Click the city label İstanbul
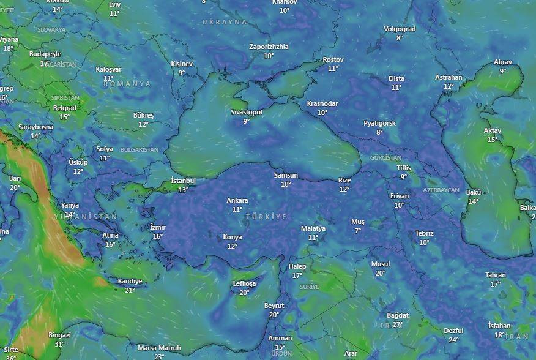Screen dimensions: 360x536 pos(184,181)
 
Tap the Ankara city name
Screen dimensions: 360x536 pos(237,200)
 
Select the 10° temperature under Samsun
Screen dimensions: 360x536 pos(286,184)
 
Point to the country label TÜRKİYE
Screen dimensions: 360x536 pos(266,217)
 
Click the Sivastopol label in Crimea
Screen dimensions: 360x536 pos(247,113)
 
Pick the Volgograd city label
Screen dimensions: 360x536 pos(400,29)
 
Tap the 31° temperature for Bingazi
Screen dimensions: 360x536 pos(59,344)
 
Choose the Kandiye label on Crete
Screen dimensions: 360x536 pos(130,282)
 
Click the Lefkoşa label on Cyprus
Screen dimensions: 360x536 pos(244,284)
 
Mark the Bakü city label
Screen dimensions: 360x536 pos(474,192)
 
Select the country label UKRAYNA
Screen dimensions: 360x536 pos(225,22)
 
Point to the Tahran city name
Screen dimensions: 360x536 pos(496,275)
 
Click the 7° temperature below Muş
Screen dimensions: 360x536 pos(357,231)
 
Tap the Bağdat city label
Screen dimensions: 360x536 pos(398,315)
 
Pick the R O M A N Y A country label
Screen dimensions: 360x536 pos(127,84)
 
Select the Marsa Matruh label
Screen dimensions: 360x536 pos(159,348)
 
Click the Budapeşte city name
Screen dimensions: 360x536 pos(45,54)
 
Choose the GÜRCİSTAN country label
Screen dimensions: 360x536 pos(386,157)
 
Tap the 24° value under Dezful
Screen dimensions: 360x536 pos(453,340)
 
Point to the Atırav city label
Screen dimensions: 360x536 pos(503,62)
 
